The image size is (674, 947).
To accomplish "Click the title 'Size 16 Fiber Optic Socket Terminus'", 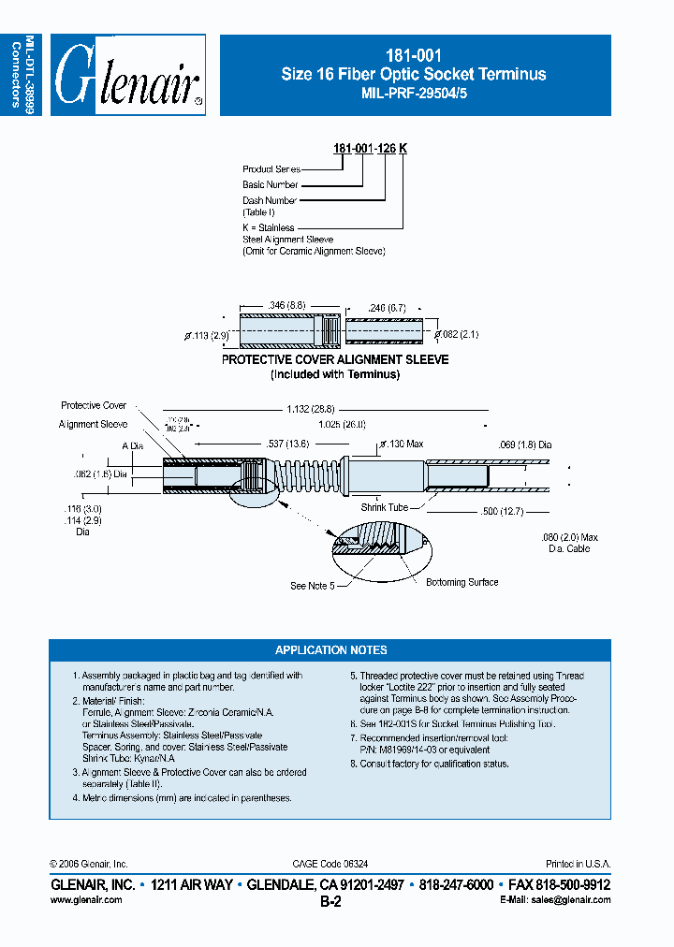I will click(414, 74).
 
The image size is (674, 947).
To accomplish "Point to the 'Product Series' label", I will click(271, 169).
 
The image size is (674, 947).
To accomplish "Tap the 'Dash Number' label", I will click(270, 200).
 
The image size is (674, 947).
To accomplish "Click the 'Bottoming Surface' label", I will click(462, 582).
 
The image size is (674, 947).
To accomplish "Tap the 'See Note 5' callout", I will click(312, 586).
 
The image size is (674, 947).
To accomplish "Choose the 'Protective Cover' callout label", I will click(94, 405).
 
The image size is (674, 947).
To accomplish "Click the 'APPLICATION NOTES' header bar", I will click(330, 650).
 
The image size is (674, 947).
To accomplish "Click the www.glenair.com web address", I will click(85, 899).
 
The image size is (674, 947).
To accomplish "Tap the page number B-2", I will click(330, 902).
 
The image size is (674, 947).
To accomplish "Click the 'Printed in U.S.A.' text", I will click(578, 864).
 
